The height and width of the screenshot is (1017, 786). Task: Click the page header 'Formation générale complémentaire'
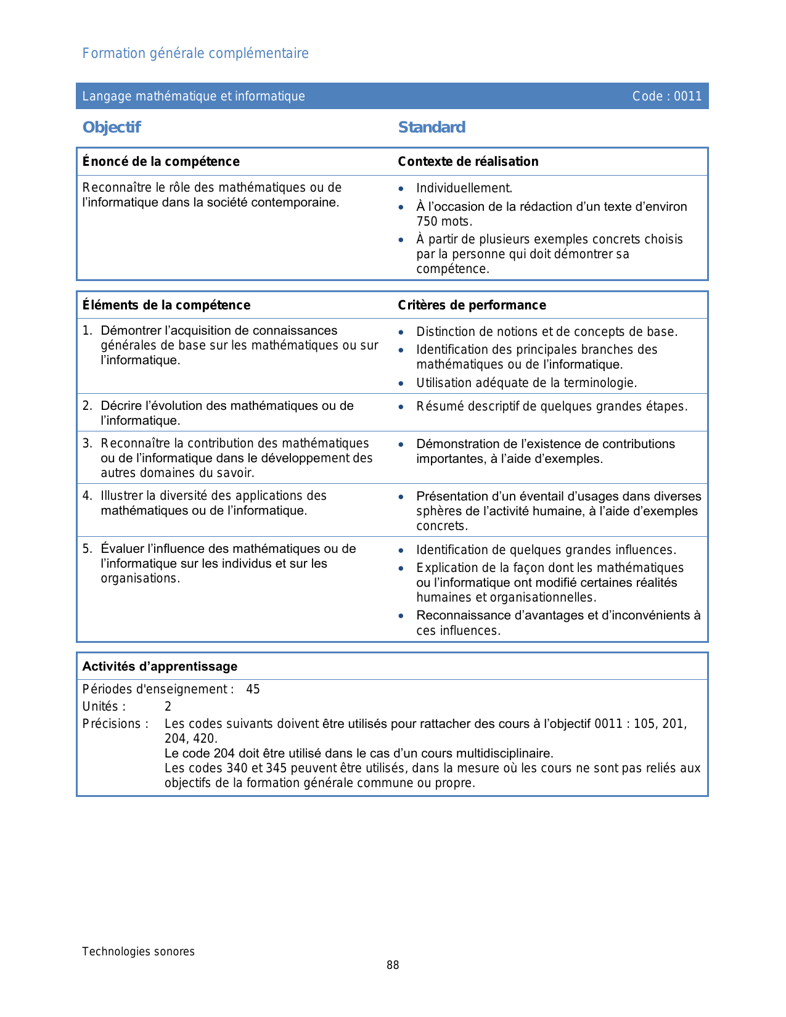pyautogui.click(x=195, y=54)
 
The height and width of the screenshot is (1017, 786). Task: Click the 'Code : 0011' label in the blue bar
pyautogui.click(x=666, y=96)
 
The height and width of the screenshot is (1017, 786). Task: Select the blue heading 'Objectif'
pyautogui.click(x=112, y=128)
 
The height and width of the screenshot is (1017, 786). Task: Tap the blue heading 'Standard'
pyautogui.click(x=432, y=128)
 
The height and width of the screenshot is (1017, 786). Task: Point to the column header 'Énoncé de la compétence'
pyautogui.click(x=161, y=161)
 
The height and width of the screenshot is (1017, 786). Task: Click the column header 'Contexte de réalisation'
pyautogui.click(x=468, y=161)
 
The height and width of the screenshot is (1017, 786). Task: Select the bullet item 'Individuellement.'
pyautogui.click(x=464, y=189)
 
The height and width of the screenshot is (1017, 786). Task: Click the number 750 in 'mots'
pyautogui.click(x=427, y=222)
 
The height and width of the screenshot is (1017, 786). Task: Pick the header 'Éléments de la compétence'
pyautogui.click(x=166, y=305)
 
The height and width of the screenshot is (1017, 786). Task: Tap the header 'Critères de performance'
pyautogui.click(x=472, y=305)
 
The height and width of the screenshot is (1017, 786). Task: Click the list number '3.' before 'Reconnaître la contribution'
pyautogui.click(x=88, y=443)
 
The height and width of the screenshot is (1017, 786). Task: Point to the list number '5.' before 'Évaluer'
pyautogui.click(x=88, y=549)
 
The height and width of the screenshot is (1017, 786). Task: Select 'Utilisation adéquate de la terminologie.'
pyautogui.click(x=526, y=383)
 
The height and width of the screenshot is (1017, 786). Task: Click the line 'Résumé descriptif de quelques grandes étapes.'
pyautogui.click(x=552, y=407)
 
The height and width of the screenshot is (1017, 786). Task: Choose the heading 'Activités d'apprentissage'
pyautogui.click(x=160, y=666)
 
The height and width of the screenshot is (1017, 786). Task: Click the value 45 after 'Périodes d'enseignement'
pyautogui.click(x=253, y=689)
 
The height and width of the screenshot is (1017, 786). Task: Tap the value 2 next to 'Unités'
pyautogui.click(x=168, y=706)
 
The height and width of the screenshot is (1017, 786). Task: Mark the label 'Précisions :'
pyautogui.click(x=115, y=724)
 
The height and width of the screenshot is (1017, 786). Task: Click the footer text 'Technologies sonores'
pyautogui.click(x=138, y=952)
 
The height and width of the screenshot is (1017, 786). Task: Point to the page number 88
pyautogui.click(x=393, y=965)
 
